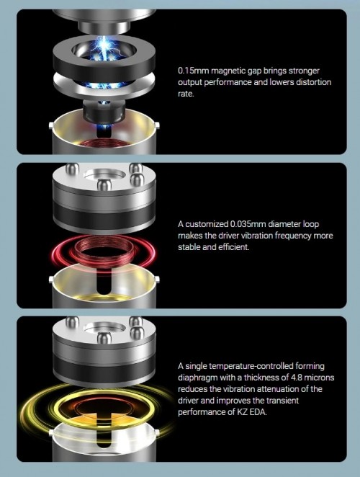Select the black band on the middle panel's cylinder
[x=104, y=215]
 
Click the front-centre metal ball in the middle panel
[x=104, y=184]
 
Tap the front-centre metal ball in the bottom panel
[x=104, y=338]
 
